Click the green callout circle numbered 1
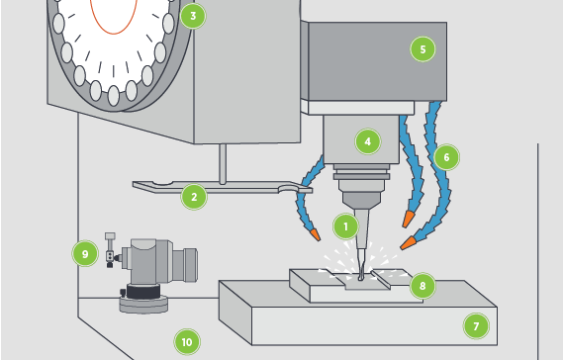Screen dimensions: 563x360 click(345, 226)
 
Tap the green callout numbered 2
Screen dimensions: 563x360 click(194, 197)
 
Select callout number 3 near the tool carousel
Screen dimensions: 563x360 click(193, 16)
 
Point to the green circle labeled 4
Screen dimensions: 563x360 click(368, 141)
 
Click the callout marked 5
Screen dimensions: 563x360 click(422, 49)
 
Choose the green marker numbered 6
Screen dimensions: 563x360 click(446, 157)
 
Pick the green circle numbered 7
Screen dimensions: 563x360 click(476, 326)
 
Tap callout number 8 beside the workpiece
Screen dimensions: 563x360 click(422, 286)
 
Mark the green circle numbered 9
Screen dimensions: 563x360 click(85, 254)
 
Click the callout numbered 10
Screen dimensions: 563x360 click(187, 341)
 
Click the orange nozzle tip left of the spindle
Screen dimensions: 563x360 click(316, 234)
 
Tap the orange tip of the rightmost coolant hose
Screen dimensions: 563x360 click(408, 242)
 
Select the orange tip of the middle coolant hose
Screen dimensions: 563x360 click(408, 219)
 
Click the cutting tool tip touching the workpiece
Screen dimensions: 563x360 click(361, 278)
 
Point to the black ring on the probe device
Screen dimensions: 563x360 click(142, 291)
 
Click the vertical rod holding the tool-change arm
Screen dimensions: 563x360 click(223, 163)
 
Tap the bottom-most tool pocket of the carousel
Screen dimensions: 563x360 click(114, 96)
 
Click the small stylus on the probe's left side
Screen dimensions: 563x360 click(110, 250)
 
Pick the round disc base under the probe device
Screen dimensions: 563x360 click(143, 304)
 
